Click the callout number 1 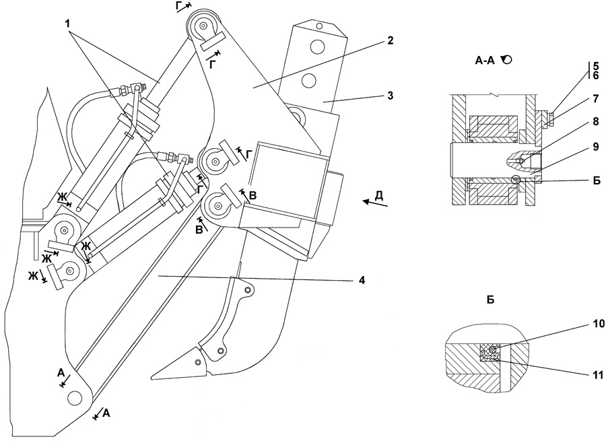67,24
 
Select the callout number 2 391,40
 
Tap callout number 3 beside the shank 391,95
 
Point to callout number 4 362,280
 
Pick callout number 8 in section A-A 596,121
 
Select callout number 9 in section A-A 596,147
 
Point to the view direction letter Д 379,195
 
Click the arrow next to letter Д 375,203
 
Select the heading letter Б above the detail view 490,300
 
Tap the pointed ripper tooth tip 151,377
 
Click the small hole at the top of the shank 319,26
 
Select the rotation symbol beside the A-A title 506,59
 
